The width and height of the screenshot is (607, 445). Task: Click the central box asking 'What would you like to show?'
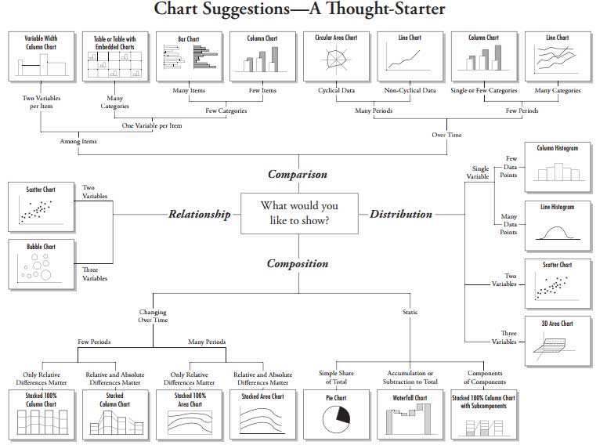299,213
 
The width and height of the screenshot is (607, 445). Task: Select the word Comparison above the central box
298,174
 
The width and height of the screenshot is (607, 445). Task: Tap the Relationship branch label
200,214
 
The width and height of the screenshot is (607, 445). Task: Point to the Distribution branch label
401,214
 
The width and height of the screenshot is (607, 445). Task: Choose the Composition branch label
298,263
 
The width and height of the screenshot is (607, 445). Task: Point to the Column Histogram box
558,165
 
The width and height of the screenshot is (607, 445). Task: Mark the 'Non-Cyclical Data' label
410,91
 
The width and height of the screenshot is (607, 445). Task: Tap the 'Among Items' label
78,142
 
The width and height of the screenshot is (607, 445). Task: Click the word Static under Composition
410,312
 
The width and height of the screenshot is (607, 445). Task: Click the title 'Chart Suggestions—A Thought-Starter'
299,10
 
